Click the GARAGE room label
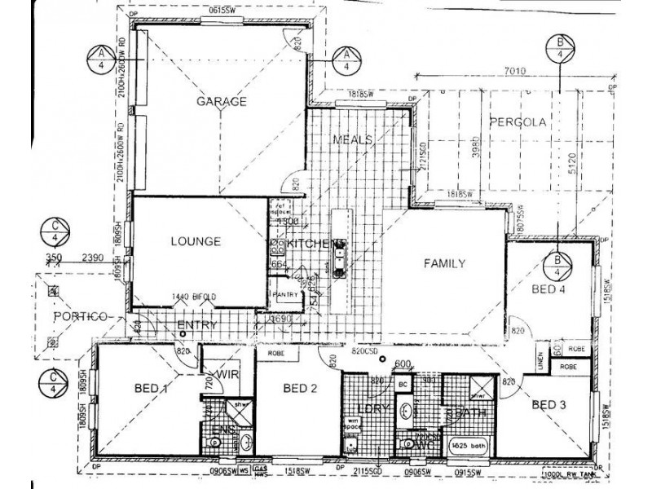pos(221,102)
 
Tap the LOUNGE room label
pos(196,241)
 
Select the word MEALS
pos(352,139)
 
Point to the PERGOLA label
pos(517,122)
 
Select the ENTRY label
pos(196,325)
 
